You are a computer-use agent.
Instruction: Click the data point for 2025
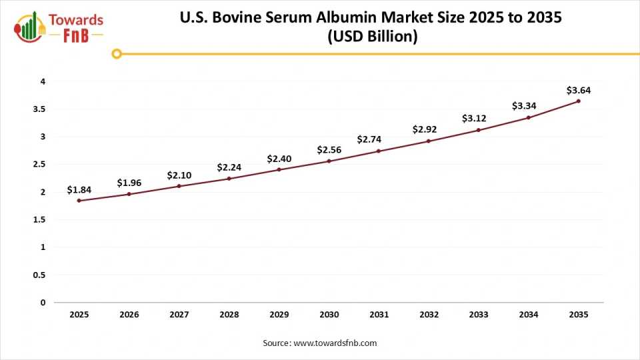point(79,201)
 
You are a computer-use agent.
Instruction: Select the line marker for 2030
point(329,161)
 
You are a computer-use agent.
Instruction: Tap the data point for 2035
point(578,101)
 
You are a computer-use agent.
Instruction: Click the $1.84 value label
point(79,190)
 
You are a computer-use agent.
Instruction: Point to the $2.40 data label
point(279,159)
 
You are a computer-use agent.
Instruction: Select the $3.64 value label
point(578,90)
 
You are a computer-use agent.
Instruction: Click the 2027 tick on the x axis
point(179,314)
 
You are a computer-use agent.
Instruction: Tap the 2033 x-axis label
point(478,314)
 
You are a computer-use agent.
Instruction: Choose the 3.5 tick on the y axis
point(40,109)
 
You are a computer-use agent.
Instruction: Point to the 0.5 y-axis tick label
point(40,275)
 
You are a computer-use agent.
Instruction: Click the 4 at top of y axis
point(43,81)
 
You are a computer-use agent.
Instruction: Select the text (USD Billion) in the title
point(371,37)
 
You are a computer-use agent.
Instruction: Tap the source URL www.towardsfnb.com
point(335,343)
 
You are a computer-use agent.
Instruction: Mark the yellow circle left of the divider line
point(117,54)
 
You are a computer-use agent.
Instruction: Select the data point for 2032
point(428,141)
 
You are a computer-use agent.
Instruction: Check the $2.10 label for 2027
point(179,175)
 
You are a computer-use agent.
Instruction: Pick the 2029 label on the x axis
point(279,314)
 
